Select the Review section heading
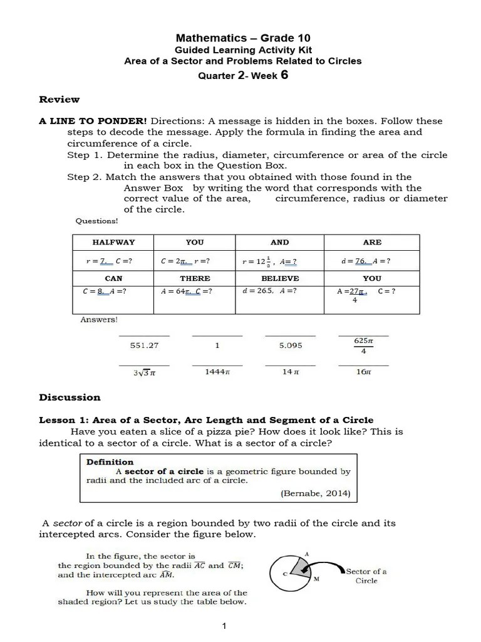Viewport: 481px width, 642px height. point(59,99)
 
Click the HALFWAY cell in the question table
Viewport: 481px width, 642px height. point(113,242)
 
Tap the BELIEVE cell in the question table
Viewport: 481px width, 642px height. point(279,278)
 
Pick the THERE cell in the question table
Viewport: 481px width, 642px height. point(195,278)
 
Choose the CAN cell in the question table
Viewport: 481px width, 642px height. point(113,278)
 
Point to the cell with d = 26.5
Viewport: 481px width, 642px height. point(269,291)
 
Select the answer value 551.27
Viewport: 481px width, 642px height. point(144,345)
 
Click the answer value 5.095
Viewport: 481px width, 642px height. point(290,345)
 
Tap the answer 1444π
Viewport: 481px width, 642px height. point(217,372)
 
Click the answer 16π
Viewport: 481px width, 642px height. point(363,372)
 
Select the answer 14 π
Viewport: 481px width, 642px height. point(290,372)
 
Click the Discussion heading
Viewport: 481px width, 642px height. point(70,397)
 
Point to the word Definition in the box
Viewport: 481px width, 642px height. point(110,462)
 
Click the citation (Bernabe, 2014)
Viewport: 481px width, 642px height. point(315,493)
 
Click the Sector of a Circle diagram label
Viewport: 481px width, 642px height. point(366,576)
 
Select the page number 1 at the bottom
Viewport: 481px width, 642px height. point(224,626)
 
